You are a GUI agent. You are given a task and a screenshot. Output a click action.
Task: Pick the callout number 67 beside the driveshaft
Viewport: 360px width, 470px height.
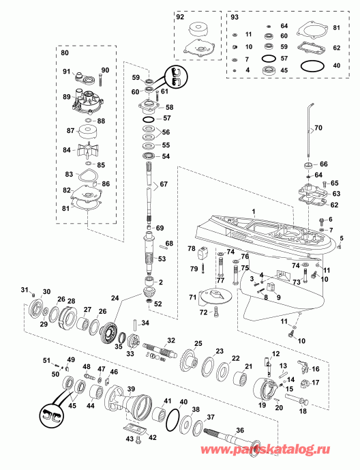[164, 183]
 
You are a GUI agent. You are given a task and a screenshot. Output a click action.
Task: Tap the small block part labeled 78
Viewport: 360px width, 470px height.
[202, 254]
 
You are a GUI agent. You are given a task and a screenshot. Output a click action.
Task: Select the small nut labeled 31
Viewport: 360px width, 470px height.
[34, 292]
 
